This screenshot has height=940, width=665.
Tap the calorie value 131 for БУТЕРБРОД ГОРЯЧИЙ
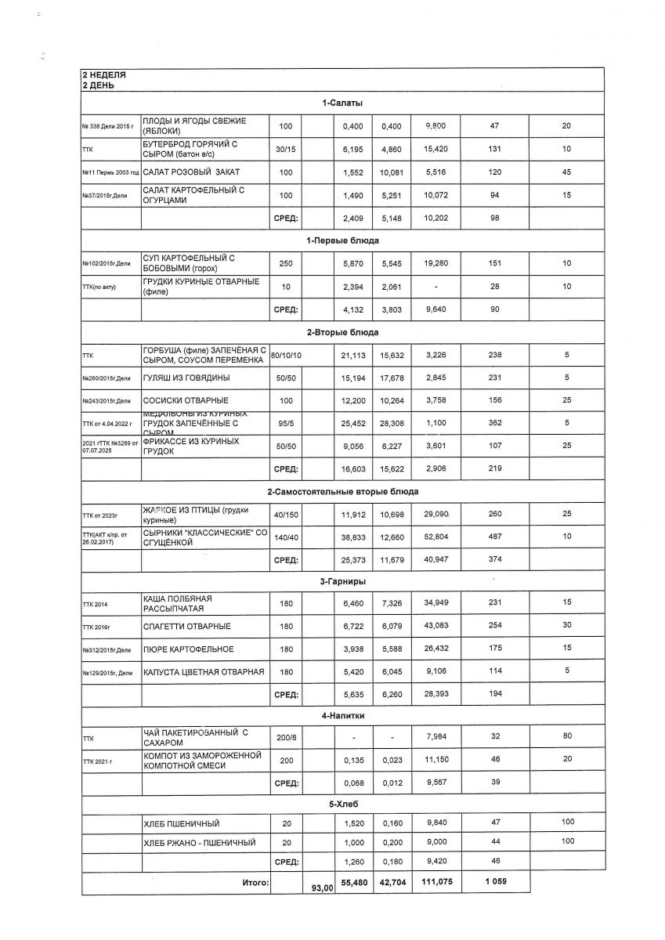(494, 149)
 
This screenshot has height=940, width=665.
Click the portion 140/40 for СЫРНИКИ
(286, 537)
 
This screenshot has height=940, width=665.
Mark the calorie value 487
(494, 537)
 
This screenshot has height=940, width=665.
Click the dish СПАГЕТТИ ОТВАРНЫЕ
(186, 627)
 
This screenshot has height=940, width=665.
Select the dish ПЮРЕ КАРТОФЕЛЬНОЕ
(188, 649)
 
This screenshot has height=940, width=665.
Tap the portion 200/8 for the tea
(286, 738)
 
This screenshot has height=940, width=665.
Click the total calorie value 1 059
(494, 882)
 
